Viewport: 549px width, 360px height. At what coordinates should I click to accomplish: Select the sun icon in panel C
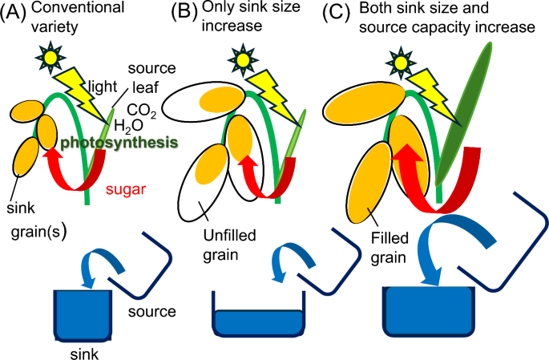tap(403, 62)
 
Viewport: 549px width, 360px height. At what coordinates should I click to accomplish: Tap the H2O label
tap(131, 126)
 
